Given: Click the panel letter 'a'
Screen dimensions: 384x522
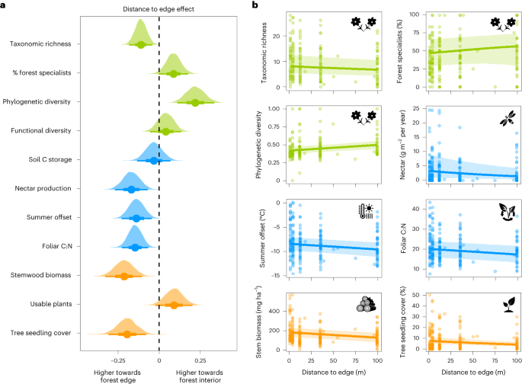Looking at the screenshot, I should tap(5, 5).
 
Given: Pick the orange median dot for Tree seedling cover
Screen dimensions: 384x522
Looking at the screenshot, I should tap(128, 334).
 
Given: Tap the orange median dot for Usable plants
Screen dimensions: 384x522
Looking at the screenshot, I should tap(174, 305).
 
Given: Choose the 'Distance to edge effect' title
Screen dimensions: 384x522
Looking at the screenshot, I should tap(159, 8).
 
